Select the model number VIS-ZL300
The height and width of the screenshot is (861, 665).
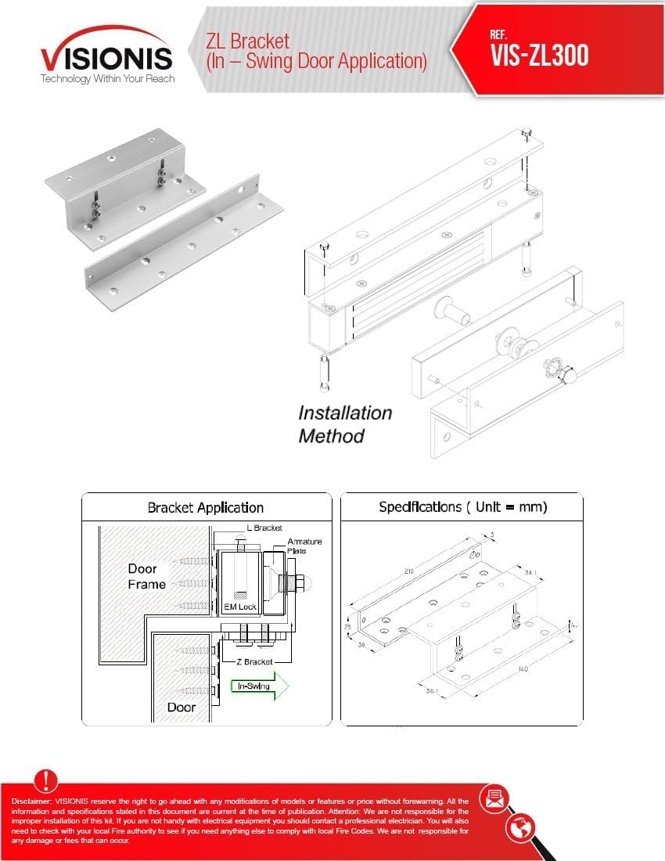(x=539, y=56)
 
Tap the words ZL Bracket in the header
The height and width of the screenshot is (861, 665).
(x=248, y=41)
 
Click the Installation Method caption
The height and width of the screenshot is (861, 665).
(x=344, y=424)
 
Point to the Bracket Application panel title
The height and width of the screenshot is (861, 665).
(x=206, y=508)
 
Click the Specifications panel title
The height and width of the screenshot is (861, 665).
(x=462, y=507)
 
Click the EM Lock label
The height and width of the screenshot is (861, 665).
(x=240, y=607)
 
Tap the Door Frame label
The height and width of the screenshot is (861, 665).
(x=147, y=576)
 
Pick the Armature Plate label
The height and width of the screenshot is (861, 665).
(x=304, y=546)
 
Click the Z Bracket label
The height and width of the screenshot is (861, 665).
(x=254, y=661)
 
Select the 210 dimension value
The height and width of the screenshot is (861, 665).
(x=409, y=571)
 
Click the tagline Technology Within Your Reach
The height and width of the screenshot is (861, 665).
(x=108, y=79)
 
